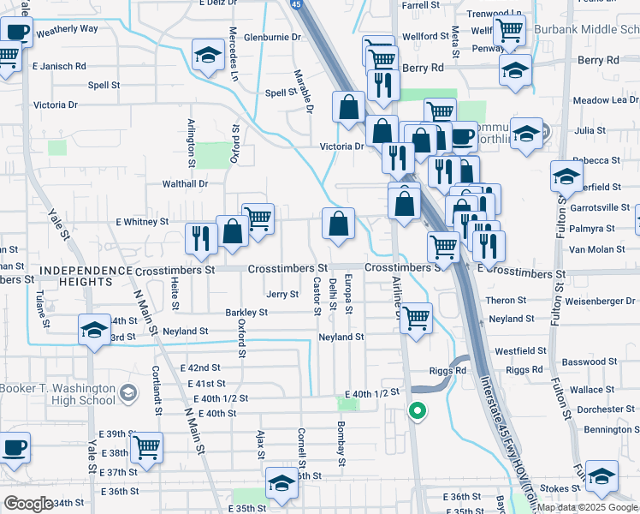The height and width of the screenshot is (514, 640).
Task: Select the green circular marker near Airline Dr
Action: [417, 412]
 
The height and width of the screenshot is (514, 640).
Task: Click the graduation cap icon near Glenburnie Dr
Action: [206, 57]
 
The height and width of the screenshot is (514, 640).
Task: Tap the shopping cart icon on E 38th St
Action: [146, 448]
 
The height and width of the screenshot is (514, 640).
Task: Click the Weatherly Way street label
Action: [68, 28]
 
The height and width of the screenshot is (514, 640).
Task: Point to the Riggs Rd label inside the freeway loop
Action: [449, 371]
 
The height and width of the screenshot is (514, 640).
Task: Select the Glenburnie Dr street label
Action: [274, 38]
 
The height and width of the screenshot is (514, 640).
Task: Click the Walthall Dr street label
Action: [186, 183]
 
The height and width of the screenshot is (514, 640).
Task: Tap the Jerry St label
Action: [282, 294]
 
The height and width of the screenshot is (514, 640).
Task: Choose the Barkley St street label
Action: [246, 313]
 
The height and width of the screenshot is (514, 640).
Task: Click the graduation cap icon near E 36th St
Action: [281, 483]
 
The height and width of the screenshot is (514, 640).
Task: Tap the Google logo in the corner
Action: [28, 504]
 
